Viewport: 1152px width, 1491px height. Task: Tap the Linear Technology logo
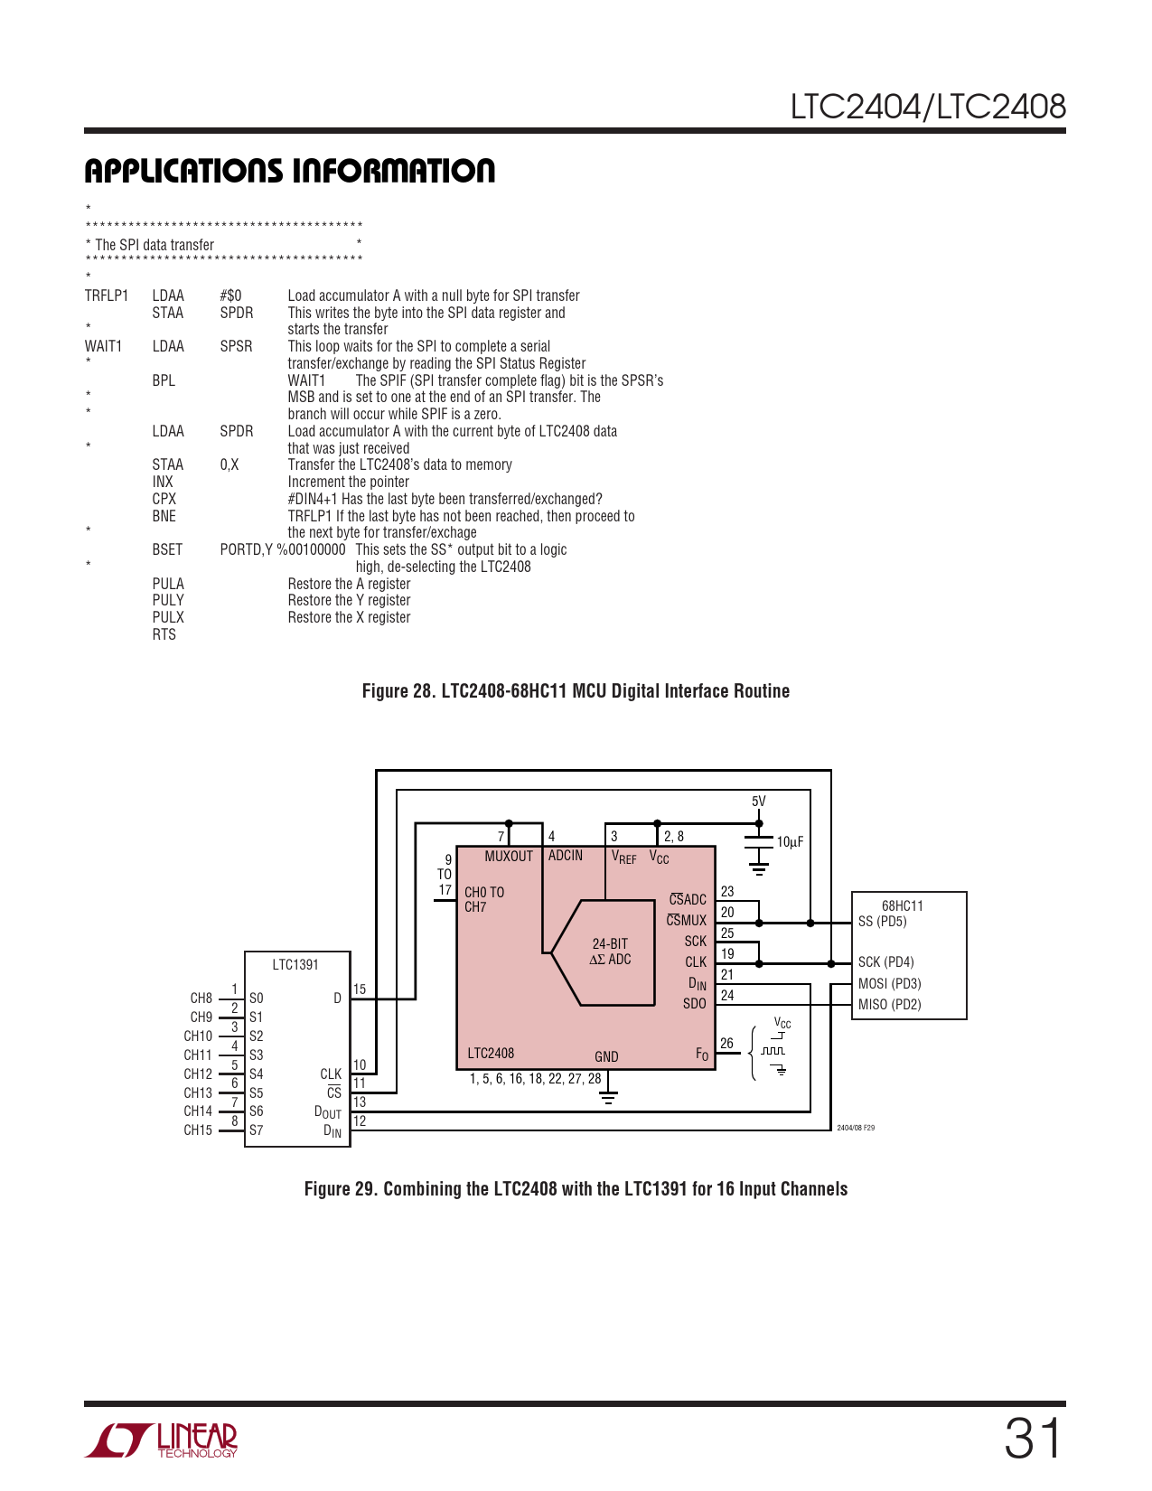point(161,1439)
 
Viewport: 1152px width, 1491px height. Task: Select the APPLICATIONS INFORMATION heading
point(289,171)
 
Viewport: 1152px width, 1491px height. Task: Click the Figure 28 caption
point(576,690)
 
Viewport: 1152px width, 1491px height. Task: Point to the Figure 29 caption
point(576,1188)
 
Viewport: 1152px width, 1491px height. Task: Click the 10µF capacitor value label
point(789,842)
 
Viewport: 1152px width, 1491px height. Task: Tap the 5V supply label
point(758,801)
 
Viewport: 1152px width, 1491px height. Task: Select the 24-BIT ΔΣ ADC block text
point(610,951)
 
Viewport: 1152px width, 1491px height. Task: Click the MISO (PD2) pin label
point(889,1004)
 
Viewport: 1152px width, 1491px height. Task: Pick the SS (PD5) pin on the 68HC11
point(883,921)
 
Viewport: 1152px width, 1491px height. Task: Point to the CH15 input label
point(198,1130)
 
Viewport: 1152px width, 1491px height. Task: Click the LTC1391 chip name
point(295,964)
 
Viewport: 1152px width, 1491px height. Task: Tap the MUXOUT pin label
point(509,856)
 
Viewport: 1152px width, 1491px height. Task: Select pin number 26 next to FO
point(726,1043)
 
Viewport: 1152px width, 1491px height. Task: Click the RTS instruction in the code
point(164,634)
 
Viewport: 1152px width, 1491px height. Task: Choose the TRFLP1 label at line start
point(107,295)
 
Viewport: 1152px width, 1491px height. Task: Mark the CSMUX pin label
point(686,919)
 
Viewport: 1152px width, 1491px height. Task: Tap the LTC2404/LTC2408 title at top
point(928,107)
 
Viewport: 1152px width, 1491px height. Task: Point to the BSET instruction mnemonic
point(167,549)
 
